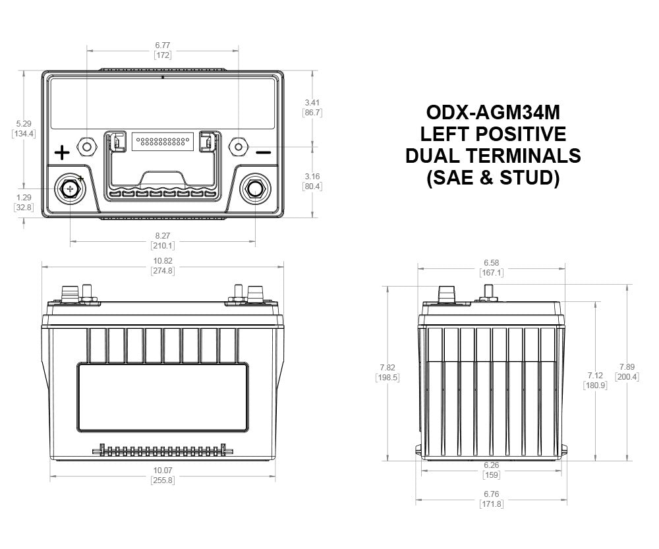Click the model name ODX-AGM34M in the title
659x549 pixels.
(x=493, y=112)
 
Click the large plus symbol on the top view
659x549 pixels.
(x=62, y=153)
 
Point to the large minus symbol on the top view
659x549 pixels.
(x=264, y=152)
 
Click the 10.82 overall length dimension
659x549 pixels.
(x=163, y=261)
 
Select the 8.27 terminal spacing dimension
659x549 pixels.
(x=163, y=236)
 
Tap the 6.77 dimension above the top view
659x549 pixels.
(x=163, y=45)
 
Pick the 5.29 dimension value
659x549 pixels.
(x=24, y=124)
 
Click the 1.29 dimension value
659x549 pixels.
(x=24, y=197)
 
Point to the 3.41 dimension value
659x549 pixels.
(x=312, y=103)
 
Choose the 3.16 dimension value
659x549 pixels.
(x=312, y=176)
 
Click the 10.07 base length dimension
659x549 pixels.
(x=163, y=471)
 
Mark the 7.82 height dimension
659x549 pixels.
(x=387, y=367)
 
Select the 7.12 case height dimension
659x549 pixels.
(x=595, y=376)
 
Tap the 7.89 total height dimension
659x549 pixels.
(x=627, y=367)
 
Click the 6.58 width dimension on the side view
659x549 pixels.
(x=492, y=263)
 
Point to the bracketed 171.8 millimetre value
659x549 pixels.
(x=492, y=504)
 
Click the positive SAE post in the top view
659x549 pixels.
(x=70, y=189)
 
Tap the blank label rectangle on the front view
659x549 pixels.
(x=163, y=397)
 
